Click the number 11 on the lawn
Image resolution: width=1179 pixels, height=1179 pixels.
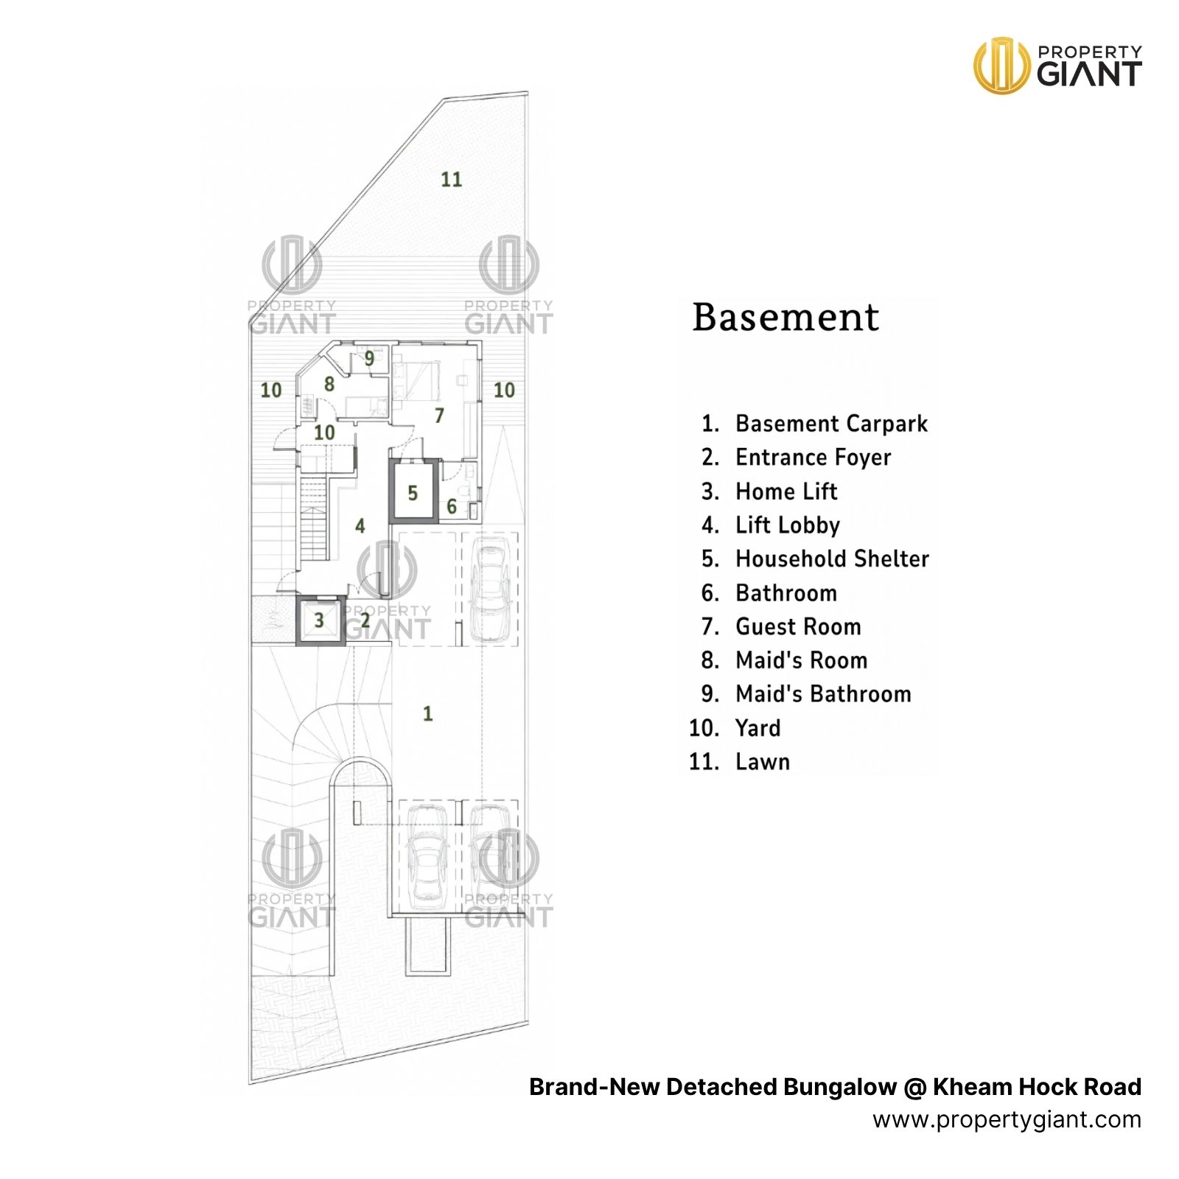(451, 179)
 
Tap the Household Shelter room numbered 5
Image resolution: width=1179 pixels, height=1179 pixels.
(413, 492)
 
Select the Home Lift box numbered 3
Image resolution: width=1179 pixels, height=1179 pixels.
(319, 620)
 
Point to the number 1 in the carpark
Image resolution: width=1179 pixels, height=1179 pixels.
(427, 713)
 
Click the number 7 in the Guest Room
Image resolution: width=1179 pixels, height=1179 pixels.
(439, 416)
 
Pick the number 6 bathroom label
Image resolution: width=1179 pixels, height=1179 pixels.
(452, 506)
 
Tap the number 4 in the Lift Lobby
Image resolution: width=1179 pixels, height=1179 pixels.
(360, 525)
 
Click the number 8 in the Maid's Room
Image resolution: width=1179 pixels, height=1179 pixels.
(329, 384)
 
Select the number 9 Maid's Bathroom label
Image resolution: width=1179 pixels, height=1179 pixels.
(369, 358)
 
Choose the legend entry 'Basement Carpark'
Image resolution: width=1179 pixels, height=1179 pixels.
(831, 424)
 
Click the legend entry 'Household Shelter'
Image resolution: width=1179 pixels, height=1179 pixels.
(832, 559)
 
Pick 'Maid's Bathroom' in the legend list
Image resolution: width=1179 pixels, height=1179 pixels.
(823, 694)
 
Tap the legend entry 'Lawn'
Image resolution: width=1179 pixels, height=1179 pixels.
(763, 762)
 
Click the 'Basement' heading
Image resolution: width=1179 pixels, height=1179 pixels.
(786, 318)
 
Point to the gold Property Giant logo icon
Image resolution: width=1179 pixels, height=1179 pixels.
(1001, 66)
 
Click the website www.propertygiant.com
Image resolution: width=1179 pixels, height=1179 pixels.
(1007, 1120)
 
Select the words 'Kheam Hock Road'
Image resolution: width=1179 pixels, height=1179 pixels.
(1037, 1087)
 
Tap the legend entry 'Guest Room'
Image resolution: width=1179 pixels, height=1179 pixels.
(798, 626)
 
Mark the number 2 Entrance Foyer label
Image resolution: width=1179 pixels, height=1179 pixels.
(365, 620)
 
